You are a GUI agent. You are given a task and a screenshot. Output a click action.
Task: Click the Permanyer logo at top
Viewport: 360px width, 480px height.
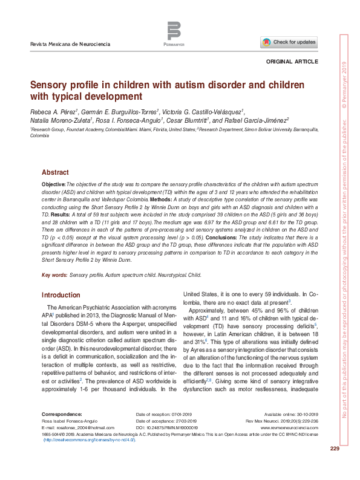click(x=174, y=32)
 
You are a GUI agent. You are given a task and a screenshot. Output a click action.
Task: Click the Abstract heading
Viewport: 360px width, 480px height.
click(x=55, y=172)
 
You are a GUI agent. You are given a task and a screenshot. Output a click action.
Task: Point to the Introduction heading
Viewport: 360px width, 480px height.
click(x=61, y=295)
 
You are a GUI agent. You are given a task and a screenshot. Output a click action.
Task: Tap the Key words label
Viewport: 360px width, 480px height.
click(x=54, y=275)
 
